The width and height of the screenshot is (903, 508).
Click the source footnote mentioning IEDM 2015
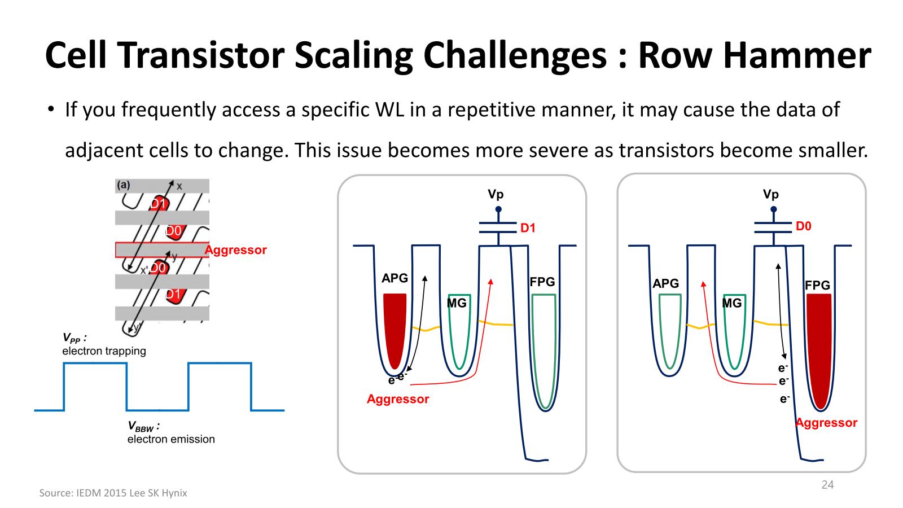click(x=113, y=493)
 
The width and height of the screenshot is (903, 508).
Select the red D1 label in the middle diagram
click(x=528, y=228)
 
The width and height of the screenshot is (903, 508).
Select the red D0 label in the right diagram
click(x=803, y=226)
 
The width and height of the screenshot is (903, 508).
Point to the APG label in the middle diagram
click(x=394, y=278)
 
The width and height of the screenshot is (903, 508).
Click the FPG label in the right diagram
click(x=817, y=286)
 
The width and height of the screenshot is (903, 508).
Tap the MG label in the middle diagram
click(x=457, y=303)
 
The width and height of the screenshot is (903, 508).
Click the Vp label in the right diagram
click(x=770, y=194)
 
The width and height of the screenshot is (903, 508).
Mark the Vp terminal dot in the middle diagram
click(x=498, y=209)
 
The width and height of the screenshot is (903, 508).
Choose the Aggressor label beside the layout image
click(x=235, y=250)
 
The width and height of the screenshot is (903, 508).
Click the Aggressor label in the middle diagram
click(x=397, y=399)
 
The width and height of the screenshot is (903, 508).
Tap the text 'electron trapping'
click(x=104, y=351)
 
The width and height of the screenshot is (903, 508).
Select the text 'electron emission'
click(x=171, y=439)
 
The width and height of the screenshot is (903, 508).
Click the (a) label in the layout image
click(x=123, y=185)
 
